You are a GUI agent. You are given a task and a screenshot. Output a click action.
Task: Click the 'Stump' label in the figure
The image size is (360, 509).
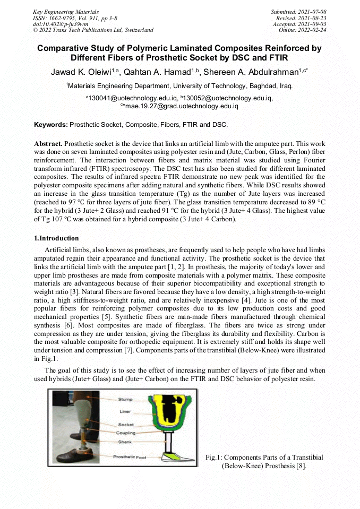pyautogui.click(x=125, y=399)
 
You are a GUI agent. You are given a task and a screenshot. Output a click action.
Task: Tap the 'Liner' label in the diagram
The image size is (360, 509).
pyautogui.click(x=125, y=412)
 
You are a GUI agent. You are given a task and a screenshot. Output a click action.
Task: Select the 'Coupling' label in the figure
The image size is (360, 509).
pyautogui.click(x=126, y=433)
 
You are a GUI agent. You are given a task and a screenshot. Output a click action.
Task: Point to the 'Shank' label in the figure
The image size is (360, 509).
pyautogui.click(x=125, y=441)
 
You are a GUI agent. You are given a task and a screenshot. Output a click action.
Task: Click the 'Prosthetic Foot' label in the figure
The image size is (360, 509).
pyautogui.click(x=129, y=457)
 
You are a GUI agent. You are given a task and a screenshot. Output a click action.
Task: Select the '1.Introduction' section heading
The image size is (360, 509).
pyautogui.click(x=56, y=238)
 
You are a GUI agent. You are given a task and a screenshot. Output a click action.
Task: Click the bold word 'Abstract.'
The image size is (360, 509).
pyautogui.click(x=48, y=144)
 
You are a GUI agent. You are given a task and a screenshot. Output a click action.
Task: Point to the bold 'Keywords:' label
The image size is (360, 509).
pyautogui.click(x=51, y=125)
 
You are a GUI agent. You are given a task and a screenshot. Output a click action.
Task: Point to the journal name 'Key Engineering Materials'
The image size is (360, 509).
pyautogui.click(x=66, y=12)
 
